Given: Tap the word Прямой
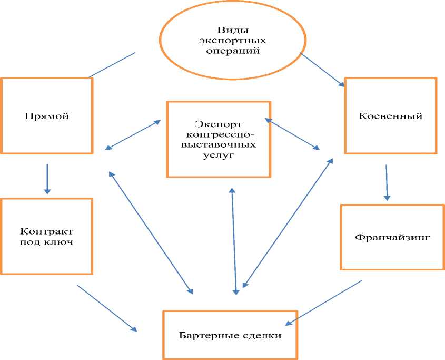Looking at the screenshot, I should tap(47, 116).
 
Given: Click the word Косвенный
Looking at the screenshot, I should tap(390, 116).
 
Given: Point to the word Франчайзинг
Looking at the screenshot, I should tap(393, 237).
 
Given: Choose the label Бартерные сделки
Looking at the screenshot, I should tap(230, 335).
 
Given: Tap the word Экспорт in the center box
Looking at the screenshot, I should tap(219, 124).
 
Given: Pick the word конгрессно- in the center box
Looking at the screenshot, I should tap(219, 135).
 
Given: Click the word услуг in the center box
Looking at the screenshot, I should tap(219, 155).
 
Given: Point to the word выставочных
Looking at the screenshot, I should tap(219, 145).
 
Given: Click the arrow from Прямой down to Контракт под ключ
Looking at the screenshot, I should tap(47, 178).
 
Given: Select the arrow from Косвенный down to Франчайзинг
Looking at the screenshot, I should tap(387, 182).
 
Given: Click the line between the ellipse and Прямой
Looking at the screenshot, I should tap(112, 65).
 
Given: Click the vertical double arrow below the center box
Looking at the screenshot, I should tap(234, 240).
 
